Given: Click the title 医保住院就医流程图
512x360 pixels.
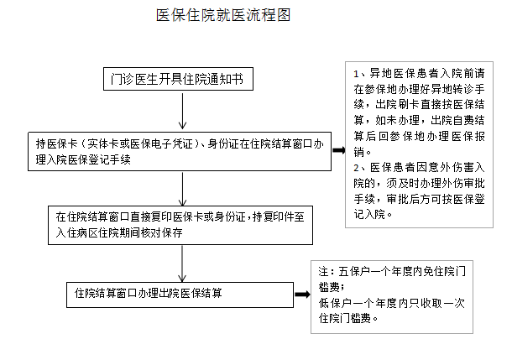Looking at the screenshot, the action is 223,15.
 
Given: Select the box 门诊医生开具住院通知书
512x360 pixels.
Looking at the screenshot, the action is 178,79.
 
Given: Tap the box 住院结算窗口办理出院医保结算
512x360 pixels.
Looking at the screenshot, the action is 180,295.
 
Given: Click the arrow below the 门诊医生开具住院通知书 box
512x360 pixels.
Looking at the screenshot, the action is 182,111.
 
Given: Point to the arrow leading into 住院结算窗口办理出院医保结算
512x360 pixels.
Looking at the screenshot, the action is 182,263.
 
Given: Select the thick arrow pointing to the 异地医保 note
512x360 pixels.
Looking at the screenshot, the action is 338,150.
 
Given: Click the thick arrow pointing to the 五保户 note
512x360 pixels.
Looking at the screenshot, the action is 302,295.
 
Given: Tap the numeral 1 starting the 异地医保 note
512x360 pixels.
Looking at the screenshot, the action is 356,74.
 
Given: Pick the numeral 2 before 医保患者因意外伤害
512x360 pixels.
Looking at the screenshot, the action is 356,168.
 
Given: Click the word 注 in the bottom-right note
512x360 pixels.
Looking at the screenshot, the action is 324,271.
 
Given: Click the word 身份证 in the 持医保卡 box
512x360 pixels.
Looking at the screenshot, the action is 223,144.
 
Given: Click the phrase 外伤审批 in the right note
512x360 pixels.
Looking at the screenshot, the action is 463,184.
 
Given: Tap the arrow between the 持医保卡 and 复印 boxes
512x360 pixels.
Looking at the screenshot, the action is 182,189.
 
